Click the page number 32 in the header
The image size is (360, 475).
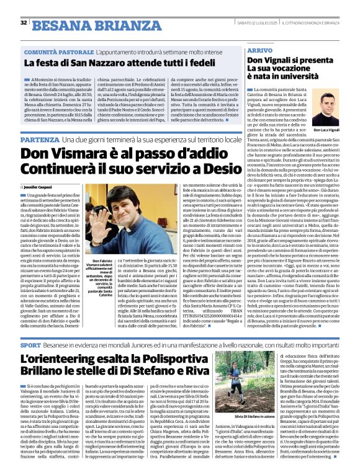point(24,22)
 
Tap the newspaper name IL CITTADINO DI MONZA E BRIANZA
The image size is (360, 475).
point(313,23)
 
